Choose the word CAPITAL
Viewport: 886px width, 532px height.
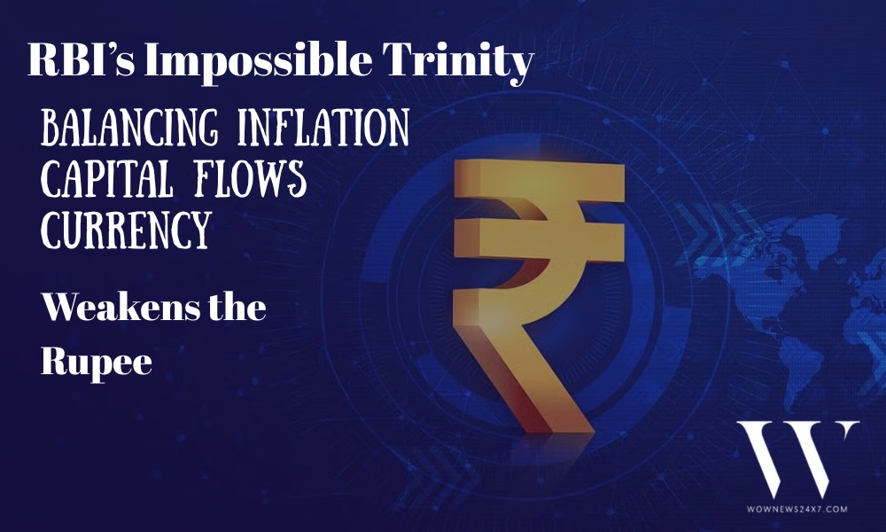(107, 178)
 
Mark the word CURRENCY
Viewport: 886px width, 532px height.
(126, 231)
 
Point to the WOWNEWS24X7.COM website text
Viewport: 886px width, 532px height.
(797, 509)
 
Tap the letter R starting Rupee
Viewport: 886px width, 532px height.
(55, 360)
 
